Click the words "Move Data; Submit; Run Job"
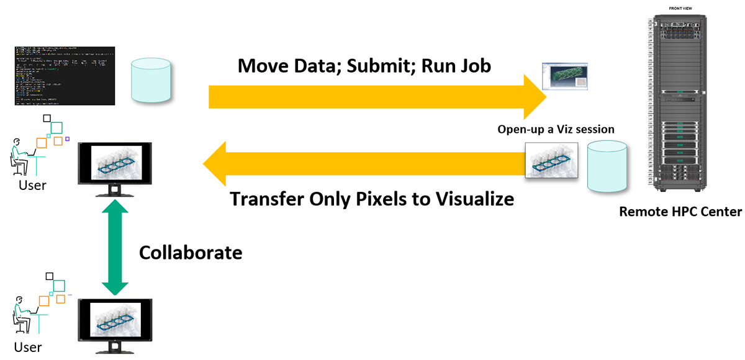(x=364, y=65)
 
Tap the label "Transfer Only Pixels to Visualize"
(x=372, y=199)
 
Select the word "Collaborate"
(x=190, y=253)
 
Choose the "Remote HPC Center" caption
(x=680, y=212)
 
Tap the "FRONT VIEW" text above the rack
(x=681, y=7)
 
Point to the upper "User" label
(x=31, y=185)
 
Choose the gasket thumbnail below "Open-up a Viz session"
(x=551, y=160)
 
